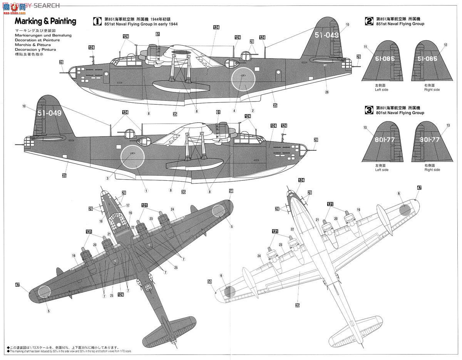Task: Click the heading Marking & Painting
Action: (x=45, y=21)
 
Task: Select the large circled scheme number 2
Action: (x=369, y=21)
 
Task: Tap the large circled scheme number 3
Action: (x=369, y=110)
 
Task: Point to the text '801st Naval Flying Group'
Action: (x=400, y=113)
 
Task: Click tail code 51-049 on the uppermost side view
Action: (x=326, y=35)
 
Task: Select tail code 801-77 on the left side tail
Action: (x=384, y=140)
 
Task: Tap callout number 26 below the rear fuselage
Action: (x=327, y=92)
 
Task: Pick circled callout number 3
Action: (x=108, y=178)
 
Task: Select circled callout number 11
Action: (x=365, y=47)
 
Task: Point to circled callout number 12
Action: (x=445, y=45)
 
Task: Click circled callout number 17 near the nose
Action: (x=128, y=205)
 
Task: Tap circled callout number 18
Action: (x=100, y=221)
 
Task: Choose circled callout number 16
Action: (x=131, y=213)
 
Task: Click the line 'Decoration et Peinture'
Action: (x=35, y=40)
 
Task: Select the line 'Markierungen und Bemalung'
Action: (x=43, y=35)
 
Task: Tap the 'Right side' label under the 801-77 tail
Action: (x=432, y=170)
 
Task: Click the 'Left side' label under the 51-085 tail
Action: (x=382, y=90)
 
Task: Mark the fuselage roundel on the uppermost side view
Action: (x=243, y=79)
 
